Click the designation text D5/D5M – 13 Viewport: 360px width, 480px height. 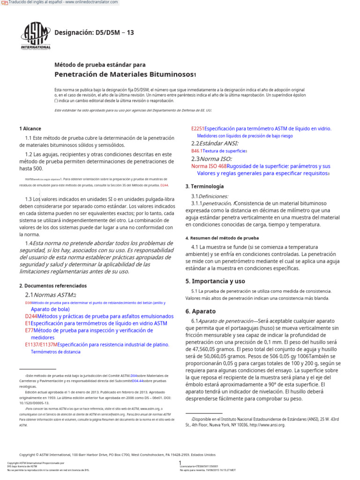[x=94, y=33]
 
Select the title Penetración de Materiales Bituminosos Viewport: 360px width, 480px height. [x=124, y=75]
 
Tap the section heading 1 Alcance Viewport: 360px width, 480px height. [x=30, y=128]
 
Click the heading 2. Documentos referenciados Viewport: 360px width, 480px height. [x=53, y=285]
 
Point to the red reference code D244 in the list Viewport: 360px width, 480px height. [x=31, y=316]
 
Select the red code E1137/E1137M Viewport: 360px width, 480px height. [x=41, y=345]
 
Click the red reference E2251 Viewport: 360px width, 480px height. [x=198, y=128]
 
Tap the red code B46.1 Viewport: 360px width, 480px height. [x=196, y=151]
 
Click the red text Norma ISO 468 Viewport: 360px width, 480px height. [x=209, y=166]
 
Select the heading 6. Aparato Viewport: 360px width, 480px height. [x=201, y=311]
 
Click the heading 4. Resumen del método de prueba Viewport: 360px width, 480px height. [x=222, y=238]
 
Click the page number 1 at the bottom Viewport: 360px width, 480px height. [x=180, y=463]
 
